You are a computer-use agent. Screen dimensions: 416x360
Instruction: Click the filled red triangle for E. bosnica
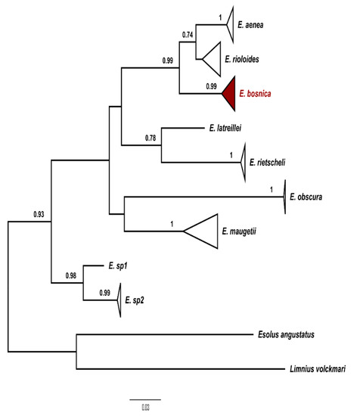point(231,94)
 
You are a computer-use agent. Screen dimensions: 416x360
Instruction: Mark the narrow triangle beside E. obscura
point(283,197)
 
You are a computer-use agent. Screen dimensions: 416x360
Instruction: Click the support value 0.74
point(189,35)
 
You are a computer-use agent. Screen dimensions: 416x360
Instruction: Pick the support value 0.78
point(153,137)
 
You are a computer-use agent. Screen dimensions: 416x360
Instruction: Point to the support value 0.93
point(40,215)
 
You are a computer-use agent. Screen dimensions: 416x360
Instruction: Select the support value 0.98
point(72,275)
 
